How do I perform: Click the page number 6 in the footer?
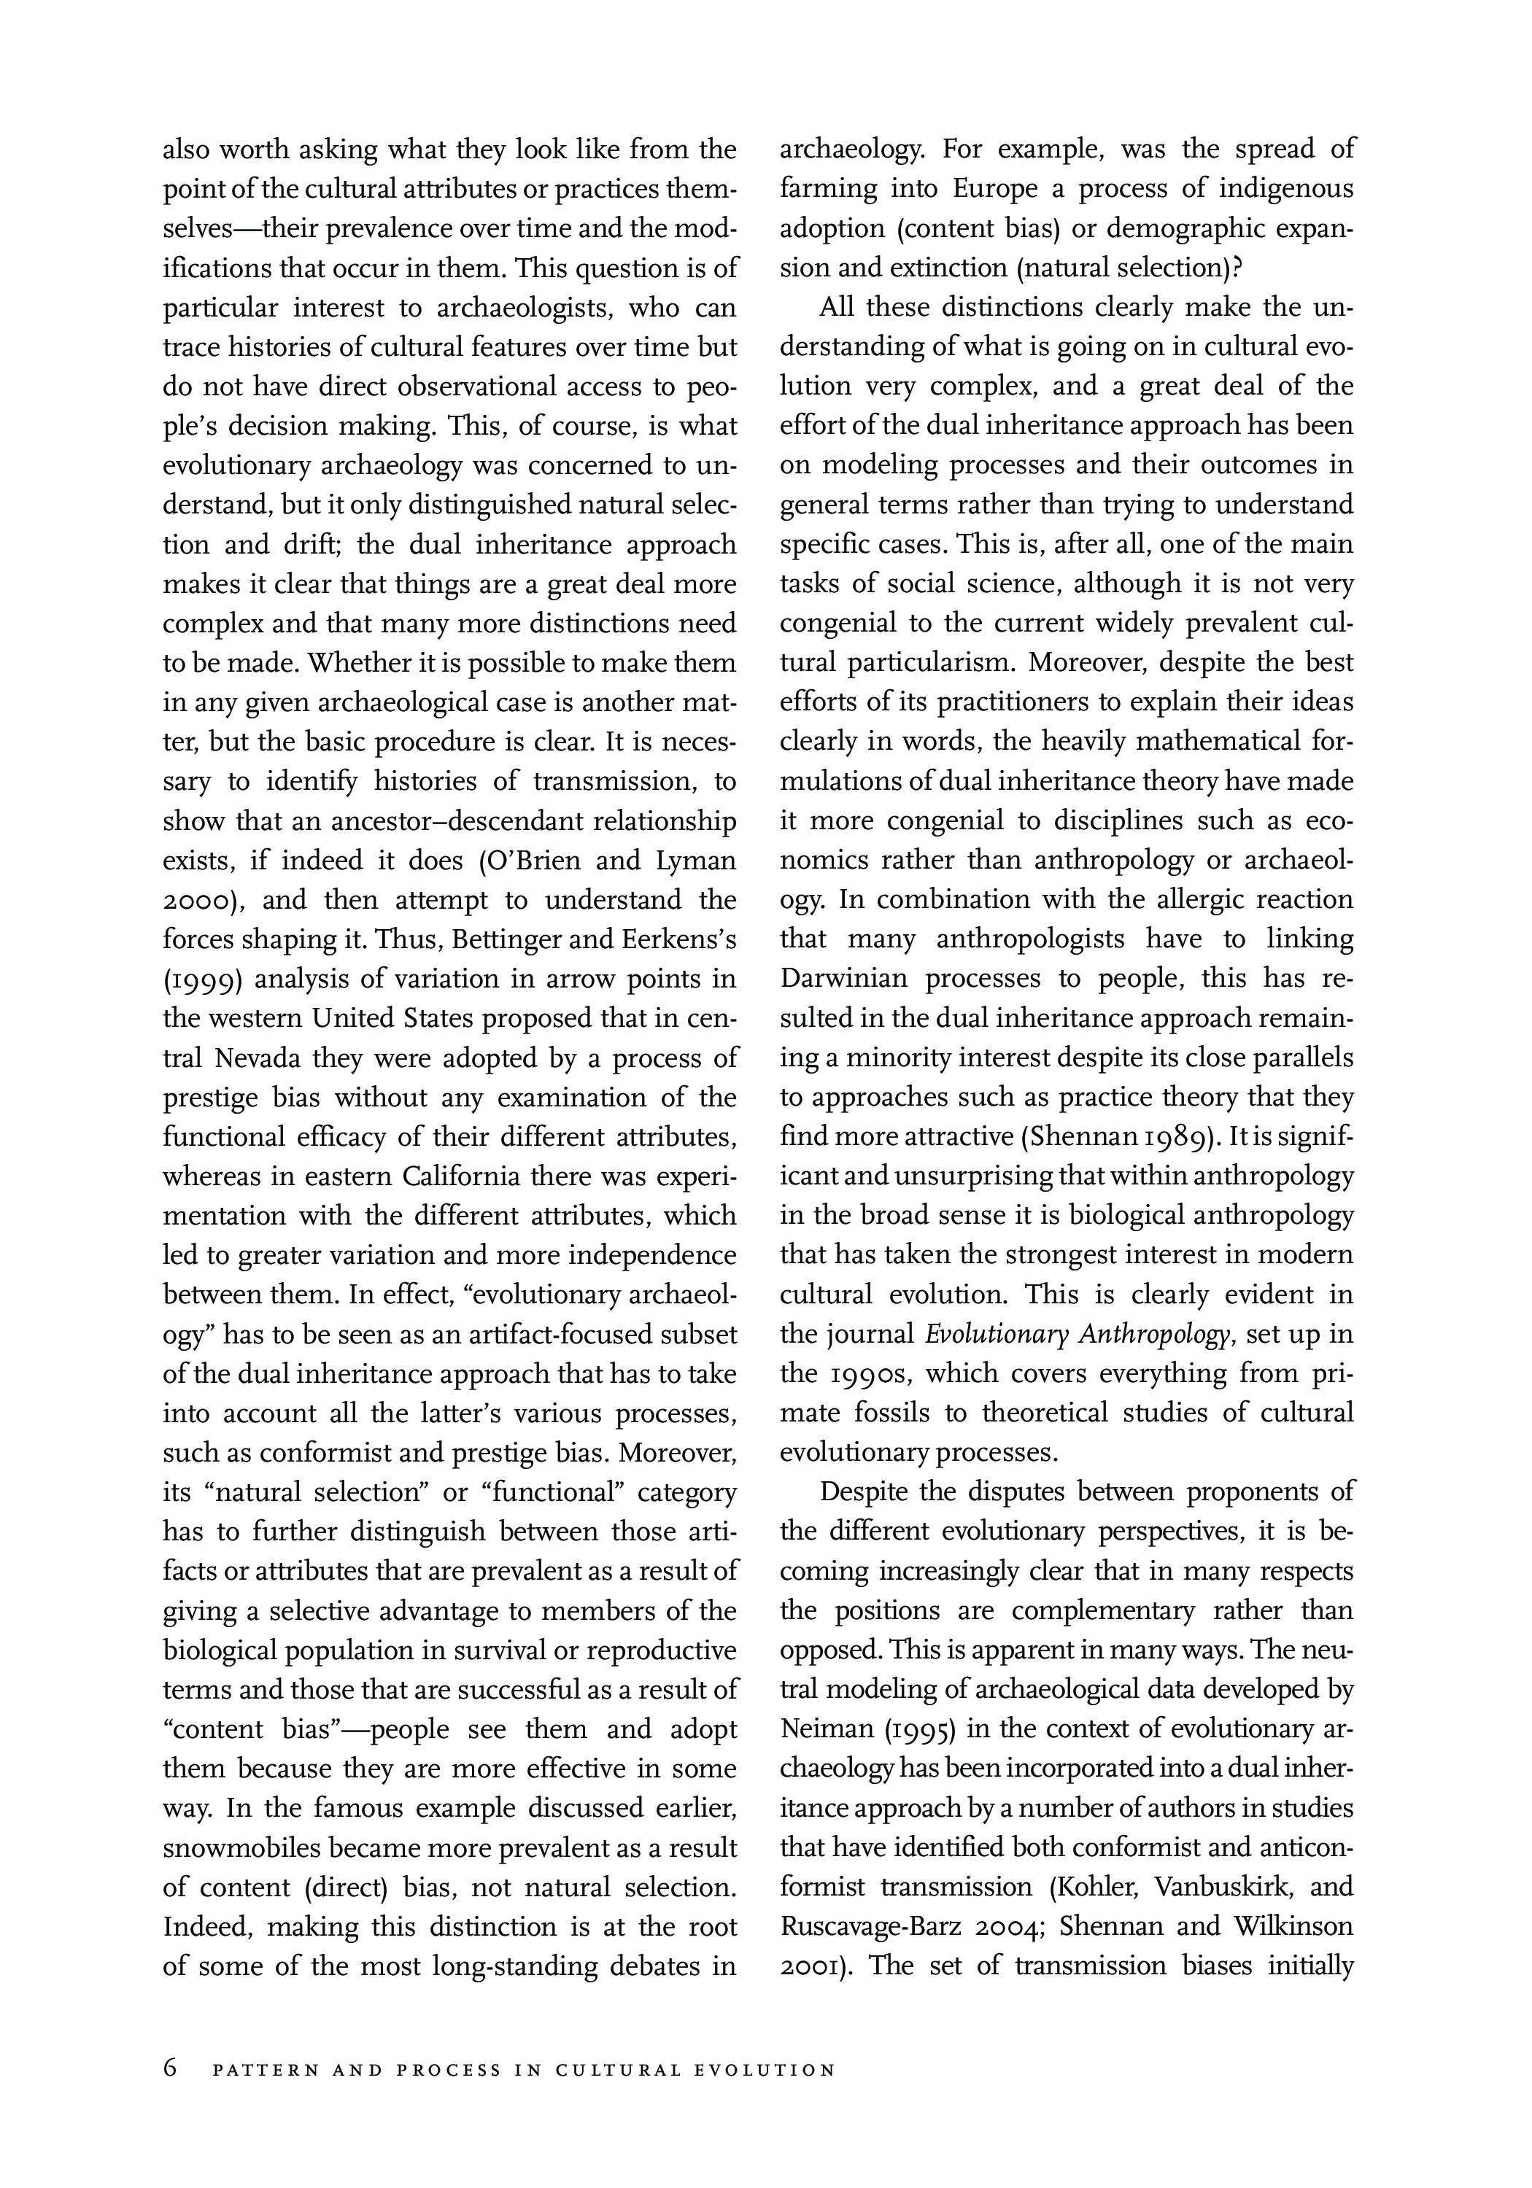170,2069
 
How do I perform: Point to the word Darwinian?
838,979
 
